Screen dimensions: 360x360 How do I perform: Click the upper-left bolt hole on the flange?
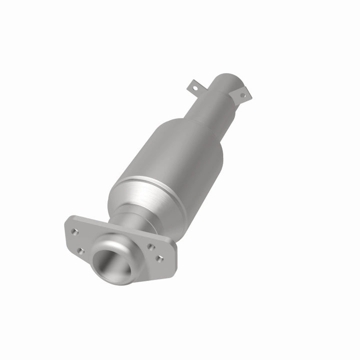[x=74, y=231]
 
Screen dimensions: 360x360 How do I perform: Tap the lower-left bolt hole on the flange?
[x=80, y=250]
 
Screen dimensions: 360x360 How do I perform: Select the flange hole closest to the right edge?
[x=159, y=258]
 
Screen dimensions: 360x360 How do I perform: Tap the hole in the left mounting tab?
[x=195, y=88]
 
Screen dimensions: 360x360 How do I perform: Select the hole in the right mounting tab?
[x=243, y=94]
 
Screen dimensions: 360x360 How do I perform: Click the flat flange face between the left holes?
[x=77, y=240]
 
